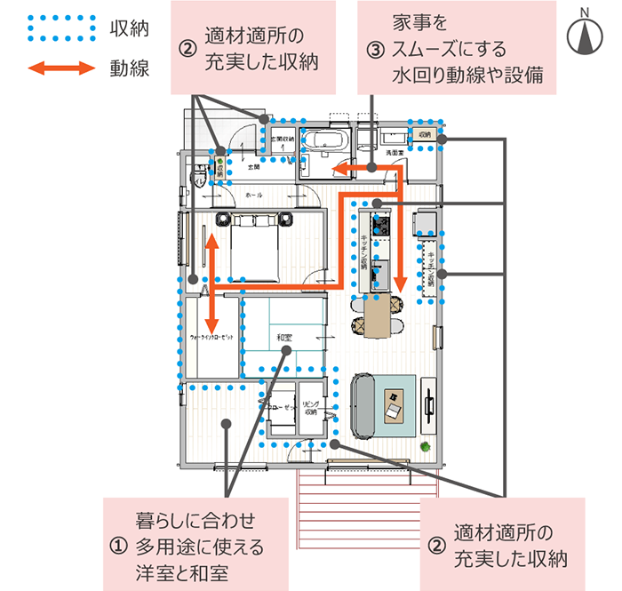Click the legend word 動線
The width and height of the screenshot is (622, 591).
(x=130, y=68)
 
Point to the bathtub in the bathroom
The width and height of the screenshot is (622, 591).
(x=324, y=143)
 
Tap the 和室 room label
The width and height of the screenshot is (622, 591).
(x=284, y=337)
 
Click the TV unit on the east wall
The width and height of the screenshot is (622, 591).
(x=428, y=406)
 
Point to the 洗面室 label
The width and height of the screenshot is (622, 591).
(x=395, y=153)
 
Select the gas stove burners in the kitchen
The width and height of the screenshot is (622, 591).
(x=380, y=222)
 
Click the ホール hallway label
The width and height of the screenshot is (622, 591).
(x=253, y=194)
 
